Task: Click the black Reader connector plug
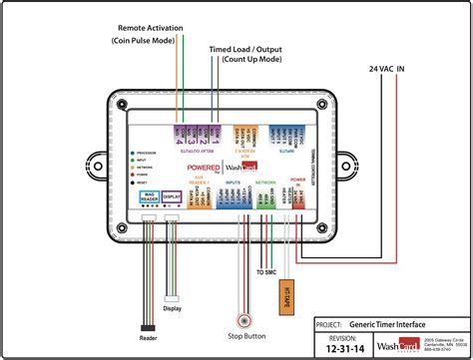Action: point(149,327)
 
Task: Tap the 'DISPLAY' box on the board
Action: point(172,197)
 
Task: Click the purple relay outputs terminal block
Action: point(196,130)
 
